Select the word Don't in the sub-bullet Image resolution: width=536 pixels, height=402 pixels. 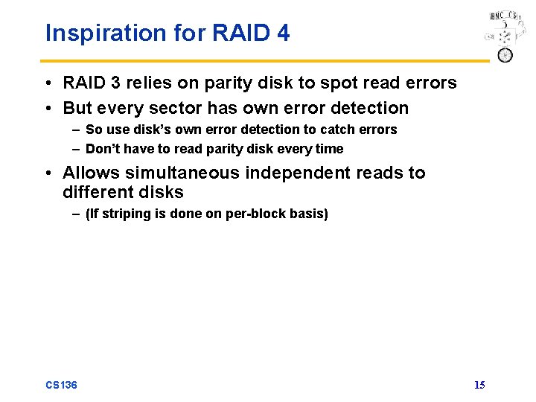(x=103, y=149)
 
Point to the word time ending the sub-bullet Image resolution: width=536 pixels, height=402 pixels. (x=329, y=149)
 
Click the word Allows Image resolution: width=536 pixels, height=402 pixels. (x=90, y=173)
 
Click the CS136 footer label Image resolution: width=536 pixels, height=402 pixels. (x=61, y=385)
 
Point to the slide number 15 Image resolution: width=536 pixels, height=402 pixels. (x=479, y=385)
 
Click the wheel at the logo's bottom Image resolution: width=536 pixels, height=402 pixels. (x=505, y=55)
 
